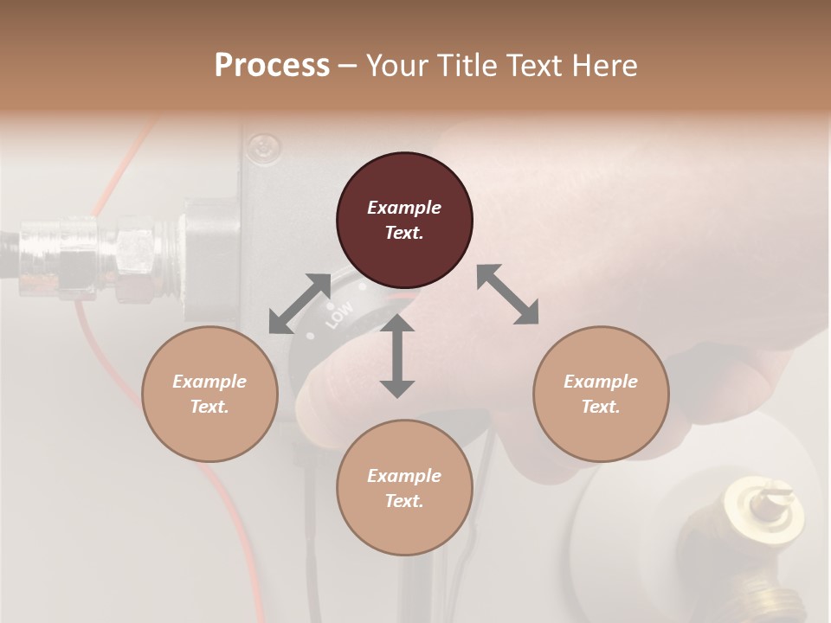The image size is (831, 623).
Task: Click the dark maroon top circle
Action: click(404, 221)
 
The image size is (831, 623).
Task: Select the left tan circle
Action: click(209, 394)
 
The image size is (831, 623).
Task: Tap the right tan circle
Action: click(601, 394)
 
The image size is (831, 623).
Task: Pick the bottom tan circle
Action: click(404, 488)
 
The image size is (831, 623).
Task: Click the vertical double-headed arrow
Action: click(397, 356)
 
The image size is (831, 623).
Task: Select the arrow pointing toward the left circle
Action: click(300, 303)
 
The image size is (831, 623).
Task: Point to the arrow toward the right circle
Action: click(507, 294)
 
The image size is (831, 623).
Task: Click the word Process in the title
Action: click(272, 65)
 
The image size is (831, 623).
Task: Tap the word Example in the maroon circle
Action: click(404, 208)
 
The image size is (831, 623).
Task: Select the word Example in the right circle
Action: click(601, 382)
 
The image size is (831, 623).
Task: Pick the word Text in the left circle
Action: click(209, 407)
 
